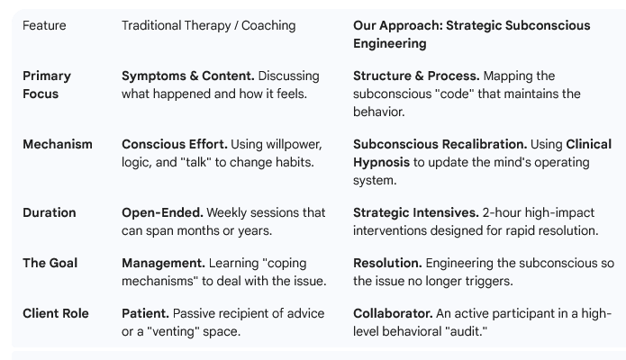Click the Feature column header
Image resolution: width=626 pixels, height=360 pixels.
(x=44, y=25)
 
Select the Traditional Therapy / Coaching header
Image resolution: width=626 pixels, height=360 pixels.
(x=209, y=25)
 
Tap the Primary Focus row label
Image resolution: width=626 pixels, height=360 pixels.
(x=47, y=85)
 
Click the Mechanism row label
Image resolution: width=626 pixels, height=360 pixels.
(x=58, y=144)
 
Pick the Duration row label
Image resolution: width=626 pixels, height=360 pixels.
(x=50, y=212)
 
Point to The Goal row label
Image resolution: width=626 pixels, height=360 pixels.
(x=50, y=263)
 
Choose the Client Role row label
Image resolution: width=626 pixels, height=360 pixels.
(x=56, y=313)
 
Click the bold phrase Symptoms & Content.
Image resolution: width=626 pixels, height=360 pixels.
(x=188, y=76)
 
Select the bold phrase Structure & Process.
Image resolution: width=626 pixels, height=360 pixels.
(x=416, y=76)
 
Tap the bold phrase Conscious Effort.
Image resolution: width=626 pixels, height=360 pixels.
(x=175, y=144)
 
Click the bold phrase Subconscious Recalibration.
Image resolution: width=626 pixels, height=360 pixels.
(x=440, y=144)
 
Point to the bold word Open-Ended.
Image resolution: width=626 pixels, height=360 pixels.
(x=162, y=212)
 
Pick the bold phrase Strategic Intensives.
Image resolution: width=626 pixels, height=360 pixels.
(x=416, y=212)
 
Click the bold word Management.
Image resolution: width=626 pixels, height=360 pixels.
(x=163, y=263)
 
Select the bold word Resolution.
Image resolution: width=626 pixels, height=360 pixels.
(x=387, y=263)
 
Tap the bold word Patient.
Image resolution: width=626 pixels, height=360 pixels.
(x=145, y=313)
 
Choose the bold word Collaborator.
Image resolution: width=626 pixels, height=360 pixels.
(x=393, y=313)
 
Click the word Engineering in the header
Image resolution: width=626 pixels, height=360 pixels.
(x=390, y=43)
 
